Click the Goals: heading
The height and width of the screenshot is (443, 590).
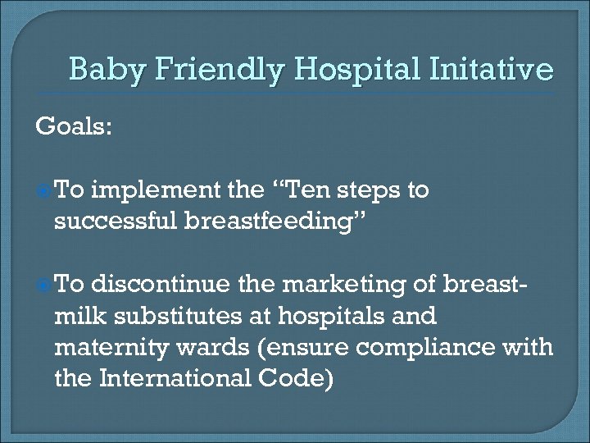click(71, 127)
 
